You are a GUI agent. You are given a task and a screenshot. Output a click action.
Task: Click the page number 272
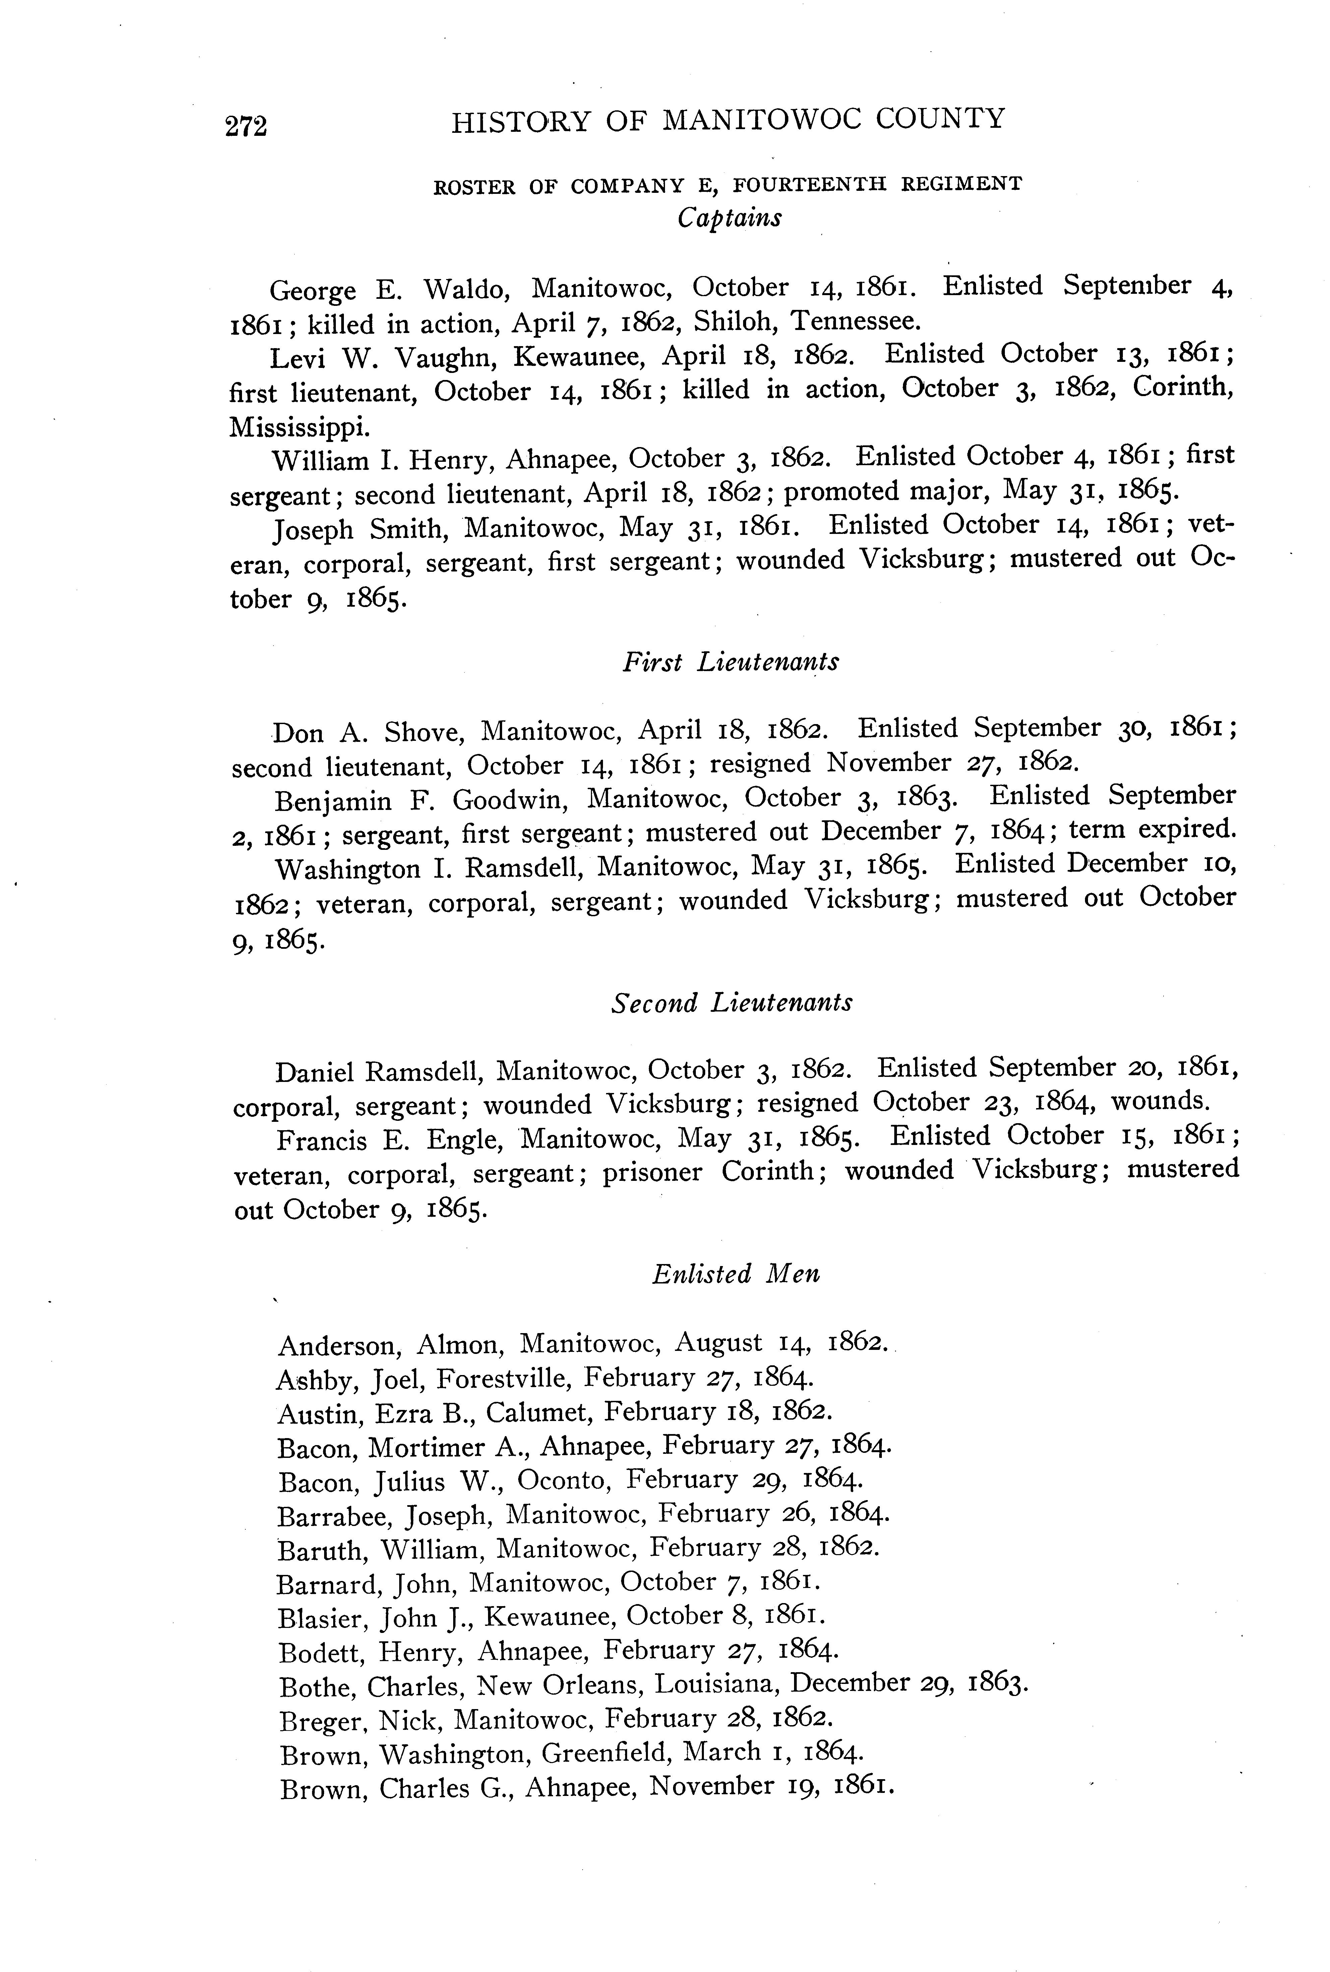click(246, 125)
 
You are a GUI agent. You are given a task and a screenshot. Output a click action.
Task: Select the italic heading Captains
click(729, 218)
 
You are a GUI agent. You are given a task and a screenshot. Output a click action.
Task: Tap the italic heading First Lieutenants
click(730, 662)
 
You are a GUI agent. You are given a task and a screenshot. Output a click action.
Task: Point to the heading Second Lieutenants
click(731, 1003)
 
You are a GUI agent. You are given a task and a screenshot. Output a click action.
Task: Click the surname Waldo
click(466, 290)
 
